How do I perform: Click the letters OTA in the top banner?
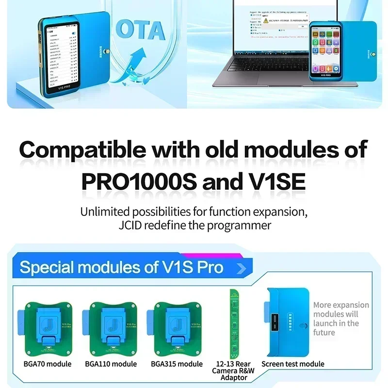click(141, 31)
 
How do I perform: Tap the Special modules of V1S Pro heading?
click(121, 267)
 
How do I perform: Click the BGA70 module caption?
click(48, 364)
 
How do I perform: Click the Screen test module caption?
click(293, 364)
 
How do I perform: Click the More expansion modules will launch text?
click(340, 319)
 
